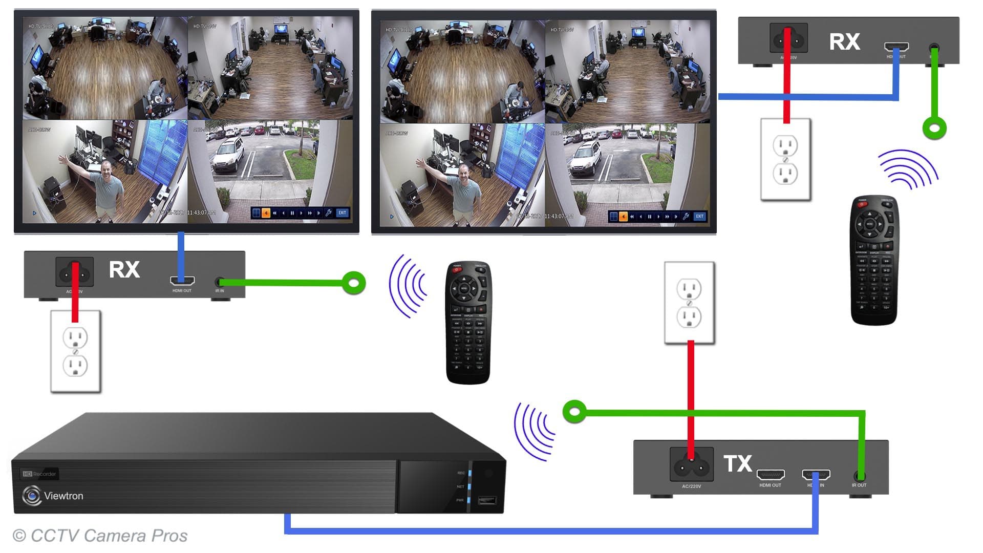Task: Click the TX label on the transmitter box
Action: (737, 463)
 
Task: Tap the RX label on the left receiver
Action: (124, 270)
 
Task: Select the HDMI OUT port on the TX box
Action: (770, 475)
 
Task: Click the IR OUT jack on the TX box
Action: (860, 476)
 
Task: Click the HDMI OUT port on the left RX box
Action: (182, 281)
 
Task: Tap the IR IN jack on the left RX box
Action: (220, 282)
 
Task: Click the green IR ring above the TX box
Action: (574, 412)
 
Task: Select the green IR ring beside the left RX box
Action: (354, 283)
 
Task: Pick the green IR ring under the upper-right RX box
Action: (934, 127)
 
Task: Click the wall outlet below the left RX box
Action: (75, 351)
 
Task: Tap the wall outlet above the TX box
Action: (689, 303)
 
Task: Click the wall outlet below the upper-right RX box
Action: (785, 159)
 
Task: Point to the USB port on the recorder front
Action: (486, 500)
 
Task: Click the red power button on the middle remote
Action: (456, 270)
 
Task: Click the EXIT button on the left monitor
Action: (343, 212)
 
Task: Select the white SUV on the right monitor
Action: (585, 157)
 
